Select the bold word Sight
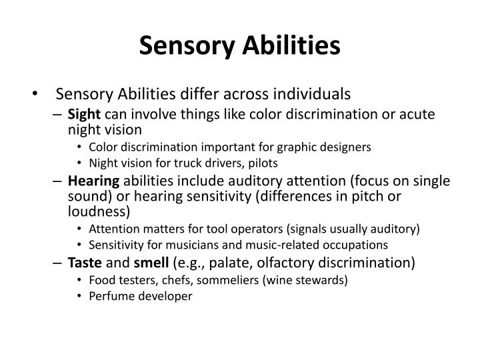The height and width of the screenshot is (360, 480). tap(85, 114)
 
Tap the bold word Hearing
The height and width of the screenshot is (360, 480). tap(94, 180)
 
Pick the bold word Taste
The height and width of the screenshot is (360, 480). tap(84, 263)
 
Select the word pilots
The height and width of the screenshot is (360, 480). tap(263, 162)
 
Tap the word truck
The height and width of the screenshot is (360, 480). tap(186, 162)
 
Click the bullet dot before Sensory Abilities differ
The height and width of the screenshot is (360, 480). tap(35, 94)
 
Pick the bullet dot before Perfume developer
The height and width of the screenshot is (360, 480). tap(79, 297)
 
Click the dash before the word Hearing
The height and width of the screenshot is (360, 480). tap(59, 180)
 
